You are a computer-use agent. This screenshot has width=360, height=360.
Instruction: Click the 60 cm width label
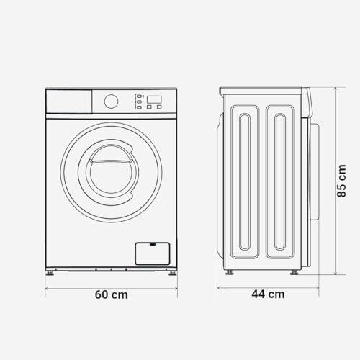[x=111, y=294]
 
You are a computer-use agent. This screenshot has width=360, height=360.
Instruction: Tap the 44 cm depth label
[x=268, y=294]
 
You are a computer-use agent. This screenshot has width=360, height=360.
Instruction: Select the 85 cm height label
[x=341, y=181]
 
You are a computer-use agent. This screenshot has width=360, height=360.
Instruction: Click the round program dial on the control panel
[x=111, y=102]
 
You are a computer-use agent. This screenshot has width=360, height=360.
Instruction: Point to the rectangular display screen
[x=154, y=99]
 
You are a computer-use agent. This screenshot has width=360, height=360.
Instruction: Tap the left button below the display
[x=149, y=107]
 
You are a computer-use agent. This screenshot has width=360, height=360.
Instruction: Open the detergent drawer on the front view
[x=69, y=102]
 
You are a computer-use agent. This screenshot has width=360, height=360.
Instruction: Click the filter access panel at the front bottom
[x=153, y=253]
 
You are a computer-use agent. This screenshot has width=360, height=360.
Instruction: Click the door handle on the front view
[x=111, y=161]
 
